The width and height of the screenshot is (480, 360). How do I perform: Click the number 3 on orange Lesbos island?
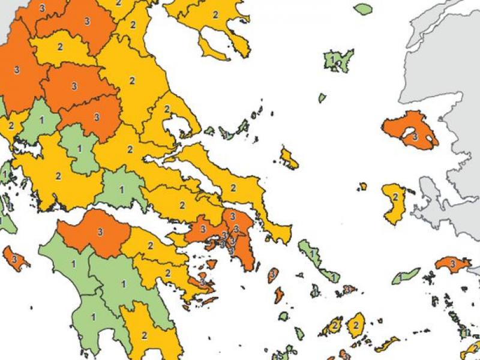click(x=415, y=137)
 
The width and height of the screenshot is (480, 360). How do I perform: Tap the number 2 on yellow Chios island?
click(x=395, y=197)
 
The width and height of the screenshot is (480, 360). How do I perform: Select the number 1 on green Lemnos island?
click(x=332, y=60)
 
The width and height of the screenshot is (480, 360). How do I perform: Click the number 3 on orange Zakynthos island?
click(x=14, y=259)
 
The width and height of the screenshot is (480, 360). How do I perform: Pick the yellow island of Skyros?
click(x=289, y=158)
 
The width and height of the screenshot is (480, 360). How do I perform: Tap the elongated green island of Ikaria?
click(x=406, y=276)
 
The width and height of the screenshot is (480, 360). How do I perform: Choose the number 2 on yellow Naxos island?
click(x=356, y=325)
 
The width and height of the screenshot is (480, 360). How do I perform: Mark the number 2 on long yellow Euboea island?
click(x=233, y=188)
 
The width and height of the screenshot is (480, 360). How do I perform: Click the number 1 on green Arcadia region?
click(x=124, y=283)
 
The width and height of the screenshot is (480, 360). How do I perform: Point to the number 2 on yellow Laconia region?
click(x=144, y=335)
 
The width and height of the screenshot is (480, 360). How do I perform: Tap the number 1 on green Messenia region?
click(x=93, y=316)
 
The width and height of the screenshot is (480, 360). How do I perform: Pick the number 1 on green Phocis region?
click(x=121, y=189)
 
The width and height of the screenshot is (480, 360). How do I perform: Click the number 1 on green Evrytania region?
click(x=80, y=148)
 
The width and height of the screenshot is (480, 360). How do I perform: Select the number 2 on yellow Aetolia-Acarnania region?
click(x=58, y=176)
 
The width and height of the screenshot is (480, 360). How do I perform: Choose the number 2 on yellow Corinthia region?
click(x=150, y=245)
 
